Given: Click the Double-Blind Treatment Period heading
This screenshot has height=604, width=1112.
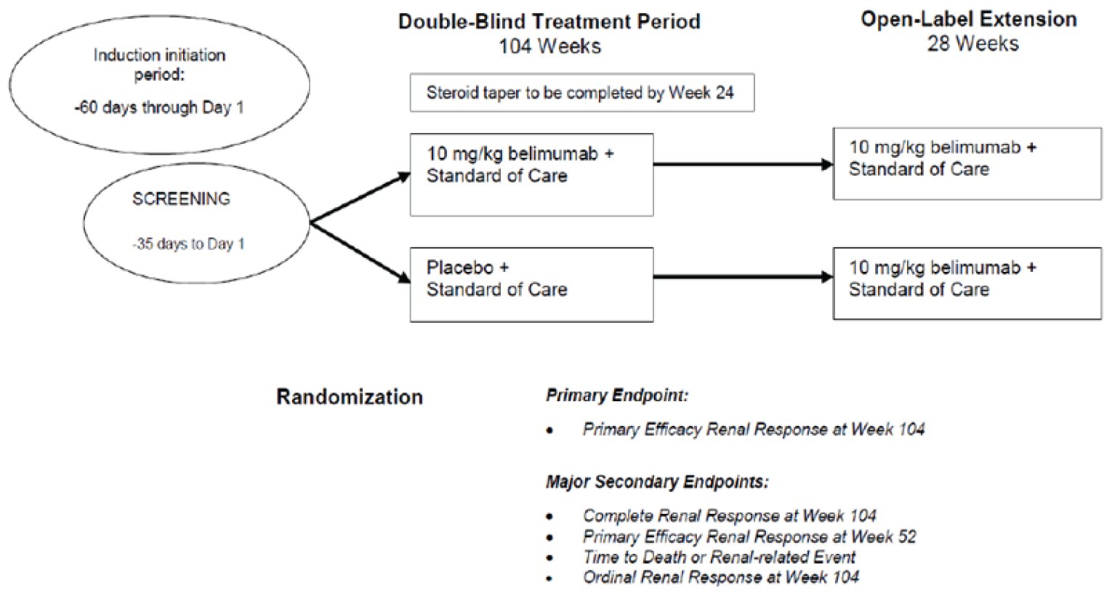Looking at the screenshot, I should (x=549, y=21).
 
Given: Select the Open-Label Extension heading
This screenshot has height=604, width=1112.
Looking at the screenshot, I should (x=969, y=19).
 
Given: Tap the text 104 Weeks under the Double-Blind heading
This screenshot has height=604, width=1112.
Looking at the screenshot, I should (x=549, y=47).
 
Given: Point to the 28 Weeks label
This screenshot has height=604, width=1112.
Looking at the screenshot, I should (x=972, y=44).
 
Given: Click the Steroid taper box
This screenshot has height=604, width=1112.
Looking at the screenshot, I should (x=581, y=93).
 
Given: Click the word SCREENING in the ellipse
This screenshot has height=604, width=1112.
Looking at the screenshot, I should (x=181, y=198).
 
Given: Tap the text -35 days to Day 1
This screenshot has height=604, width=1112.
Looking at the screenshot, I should (x=188, y=244).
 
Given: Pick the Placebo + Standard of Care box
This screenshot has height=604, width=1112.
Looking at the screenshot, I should (x=531, y=284).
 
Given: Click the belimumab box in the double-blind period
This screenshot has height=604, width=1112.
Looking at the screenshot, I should (x=531, y=174).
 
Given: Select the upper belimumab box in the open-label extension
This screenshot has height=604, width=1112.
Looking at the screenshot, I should (x=967, y=164).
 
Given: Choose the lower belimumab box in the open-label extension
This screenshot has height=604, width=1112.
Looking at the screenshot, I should (x=967, y=283).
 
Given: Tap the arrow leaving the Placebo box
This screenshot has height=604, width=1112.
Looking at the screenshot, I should (x=741, y=277).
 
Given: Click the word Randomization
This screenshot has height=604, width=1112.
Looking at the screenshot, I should (x=350, y=397).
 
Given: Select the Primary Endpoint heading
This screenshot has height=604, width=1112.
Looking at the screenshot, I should (x=616, y=396).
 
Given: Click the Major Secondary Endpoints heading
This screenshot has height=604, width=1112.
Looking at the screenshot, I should (x=657, y=482).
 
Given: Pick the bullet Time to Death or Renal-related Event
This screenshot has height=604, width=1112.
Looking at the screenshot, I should (x=718, y=557).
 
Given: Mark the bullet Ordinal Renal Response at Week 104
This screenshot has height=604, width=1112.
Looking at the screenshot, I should (x=720, y=578).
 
